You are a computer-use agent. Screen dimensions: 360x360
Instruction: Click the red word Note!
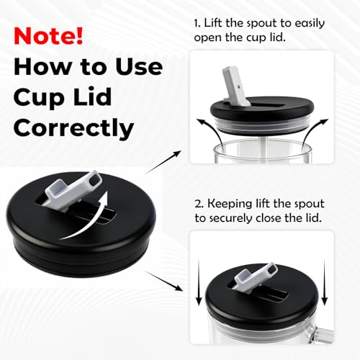(48, 36)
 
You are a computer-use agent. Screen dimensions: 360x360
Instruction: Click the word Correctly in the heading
(73, 128)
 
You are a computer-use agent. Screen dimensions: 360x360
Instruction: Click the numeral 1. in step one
(197, 24)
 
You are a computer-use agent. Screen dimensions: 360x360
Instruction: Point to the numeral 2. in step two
(199, 204)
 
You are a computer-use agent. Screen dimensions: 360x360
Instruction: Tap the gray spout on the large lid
(72, 189)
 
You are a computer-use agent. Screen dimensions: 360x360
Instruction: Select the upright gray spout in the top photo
(236, 87)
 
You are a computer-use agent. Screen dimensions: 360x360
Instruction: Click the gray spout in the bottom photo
(256, 276)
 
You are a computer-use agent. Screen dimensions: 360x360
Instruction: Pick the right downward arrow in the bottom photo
(325, 282)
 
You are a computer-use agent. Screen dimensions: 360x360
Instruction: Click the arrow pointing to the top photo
(163, 162)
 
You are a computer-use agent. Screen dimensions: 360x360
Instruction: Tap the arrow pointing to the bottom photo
(163, 281)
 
